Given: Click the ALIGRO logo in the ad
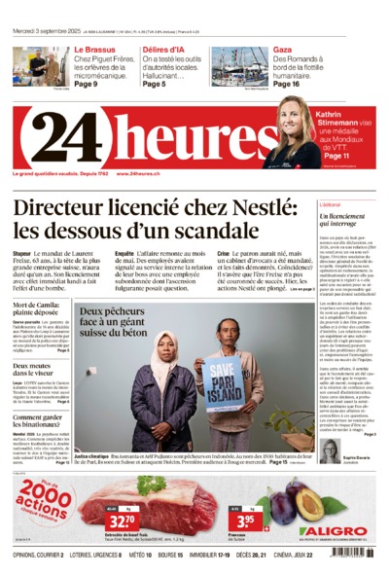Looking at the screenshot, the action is click(x=332, y=530).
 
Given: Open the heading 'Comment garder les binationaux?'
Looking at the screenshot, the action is click(x=44, y=421).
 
